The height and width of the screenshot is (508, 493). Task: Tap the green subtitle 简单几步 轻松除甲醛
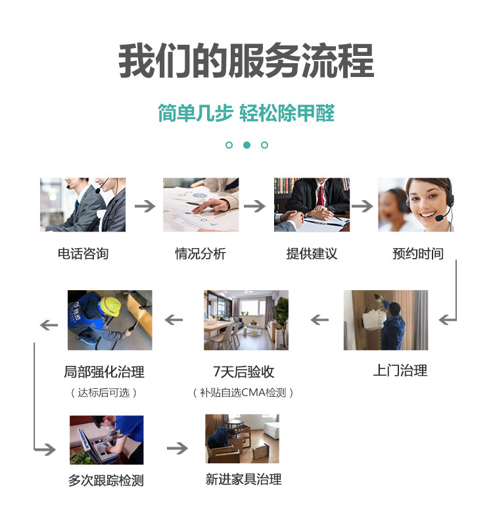246,113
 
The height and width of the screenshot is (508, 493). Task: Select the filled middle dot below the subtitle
246,145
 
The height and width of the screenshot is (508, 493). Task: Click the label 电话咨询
83,253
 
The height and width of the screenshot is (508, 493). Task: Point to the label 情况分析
200,253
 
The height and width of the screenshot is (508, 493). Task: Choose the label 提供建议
312,253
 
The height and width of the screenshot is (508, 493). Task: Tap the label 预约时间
418,253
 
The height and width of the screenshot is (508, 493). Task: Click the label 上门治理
400,370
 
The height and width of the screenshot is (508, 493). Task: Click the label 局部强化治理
104,372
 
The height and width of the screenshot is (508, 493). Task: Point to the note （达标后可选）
104,393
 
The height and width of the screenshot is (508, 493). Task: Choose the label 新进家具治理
243,479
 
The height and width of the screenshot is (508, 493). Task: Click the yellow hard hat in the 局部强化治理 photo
110,305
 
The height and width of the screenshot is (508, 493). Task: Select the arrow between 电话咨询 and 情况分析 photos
145,206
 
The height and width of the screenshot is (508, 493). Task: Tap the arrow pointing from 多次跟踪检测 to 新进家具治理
177,449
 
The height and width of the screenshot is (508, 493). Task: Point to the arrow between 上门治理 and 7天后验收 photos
319,320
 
